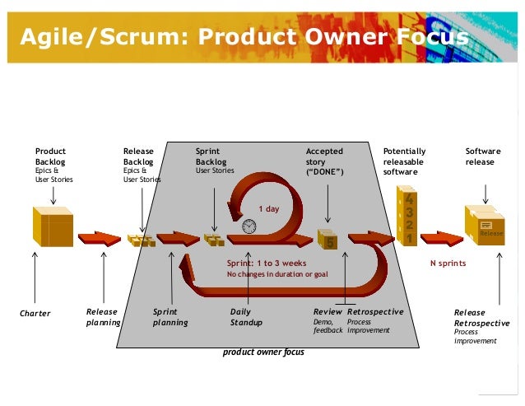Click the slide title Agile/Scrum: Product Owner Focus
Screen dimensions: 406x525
click(x=244, y=38)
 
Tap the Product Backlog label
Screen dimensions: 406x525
click(x=50, y=156)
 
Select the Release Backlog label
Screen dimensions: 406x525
click(x=138, y=156)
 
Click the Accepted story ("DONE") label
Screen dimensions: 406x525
click(x=324, y=161)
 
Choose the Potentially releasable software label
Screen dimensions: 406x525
click(x=405, y=161)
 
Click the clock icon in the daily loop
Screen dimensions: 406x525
click(x=249, y=226)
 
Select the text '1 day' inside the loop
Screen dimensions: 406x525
click(x=268, y=209)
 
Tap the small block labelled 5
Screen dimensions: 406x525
click(x=328, y=240)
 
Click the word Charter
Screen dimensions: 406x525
click(x=35, y=313)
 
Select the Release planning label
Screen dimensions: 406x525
click(x=103, y=317)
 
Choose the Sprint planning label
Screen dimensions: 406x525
click(x=170, y=317)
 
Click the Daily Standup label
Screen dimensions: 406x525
click(x=246, y=317)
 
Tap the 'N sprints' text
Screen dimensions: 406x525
click(x=448, y=264)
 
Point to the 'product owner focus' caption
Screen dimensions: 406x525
click(x=263, y=352)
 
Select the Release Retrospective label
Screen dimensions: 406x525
click(x=481, y=318)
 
